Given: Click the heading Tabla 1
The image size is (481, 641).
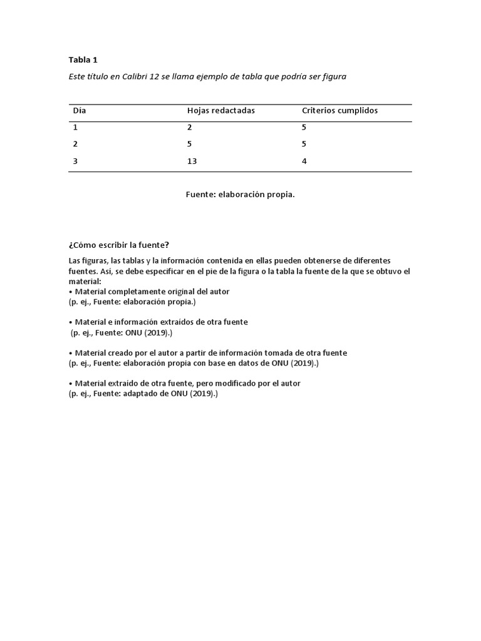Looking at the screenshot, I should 83,60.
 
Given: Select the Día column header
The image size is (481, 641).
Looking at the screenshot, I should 80,111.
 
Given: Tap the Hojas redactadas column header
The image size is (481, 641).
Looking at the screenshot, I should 221,111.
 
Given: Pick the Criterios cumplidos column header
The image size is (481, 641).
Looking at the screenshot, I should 339,111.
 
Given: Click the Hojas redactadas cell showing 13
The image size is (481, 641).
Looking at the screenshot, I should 192,161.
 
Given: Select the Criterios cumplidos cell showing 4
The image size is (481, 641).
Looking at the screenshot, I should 304,161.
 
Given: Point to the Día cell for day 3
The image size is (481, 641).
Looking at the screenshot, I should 76,161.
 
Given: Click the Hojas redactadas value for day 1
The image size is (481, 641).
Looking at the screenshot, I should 189,127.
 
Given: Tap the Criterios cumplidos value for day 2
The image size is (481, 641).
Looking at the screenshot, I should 304,144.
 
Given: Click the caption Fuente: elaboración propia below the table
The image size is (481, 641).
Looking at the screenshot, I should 240,195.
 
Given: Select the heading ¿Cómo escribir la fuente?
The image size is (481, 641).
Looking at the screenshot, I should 119,245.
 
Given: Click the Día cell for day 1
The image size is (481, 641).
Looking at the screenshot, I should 76,127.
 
